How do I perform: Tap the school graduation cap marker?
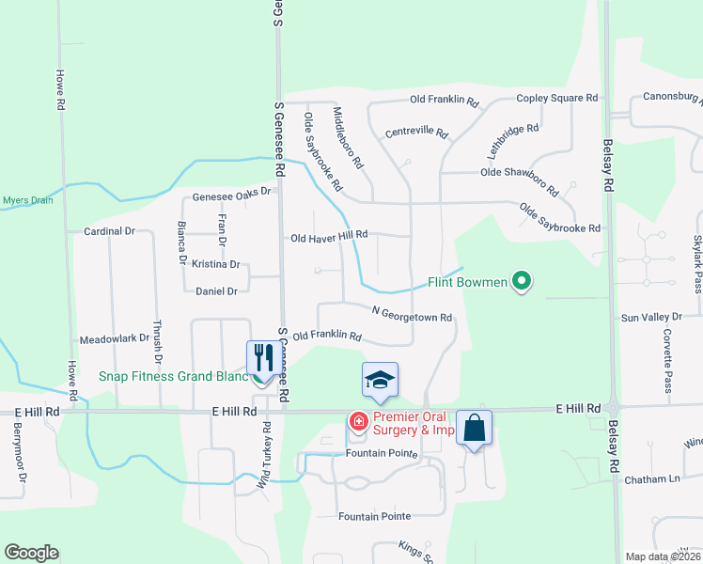coord(380,380)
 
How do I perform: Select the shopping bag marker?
coord(475,427)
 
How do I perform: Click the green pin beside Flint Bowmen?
coord(523,281)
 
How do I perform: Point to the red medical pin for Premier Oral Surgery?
coord(358,422)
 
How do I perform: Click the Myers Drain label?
coord(27,200)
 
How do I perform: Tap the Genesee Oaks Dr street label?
coord(231,192)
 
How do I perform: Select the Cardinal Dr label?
coord(109,230)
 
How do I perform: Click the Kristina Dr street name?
coord(216,265)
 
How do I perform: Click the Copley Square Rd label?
coord(557,98)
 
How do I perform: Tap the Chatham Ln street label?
coord(652,479)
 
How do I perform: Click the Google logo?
coord(31,553)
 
